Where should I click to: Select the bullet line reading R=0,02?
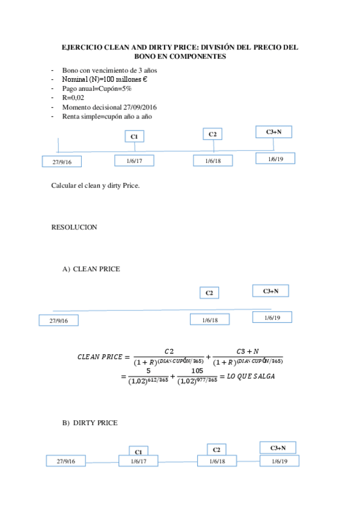click(74, 97)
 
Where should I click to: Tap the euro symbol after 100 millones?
click(146, 79)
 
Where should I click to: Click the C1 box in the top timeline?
click(135, 137)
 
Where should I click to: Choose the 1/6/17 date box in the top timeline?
click(134, 161)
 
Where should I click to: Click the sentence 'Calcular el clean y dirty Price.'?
click(96, 185)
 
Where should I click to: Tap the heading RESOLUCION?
click(74, 227)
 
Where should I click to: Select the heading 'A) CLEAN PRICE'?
click(91, 269)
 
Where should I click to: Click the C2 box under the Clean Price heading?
click(209, 293)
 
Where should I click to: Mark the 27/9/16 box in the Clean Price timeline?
click(58, 321)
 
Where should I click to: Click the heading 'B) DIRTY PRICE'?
click(90, 423)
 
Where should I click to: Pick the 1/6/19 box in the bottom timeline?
click(279, 461)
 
